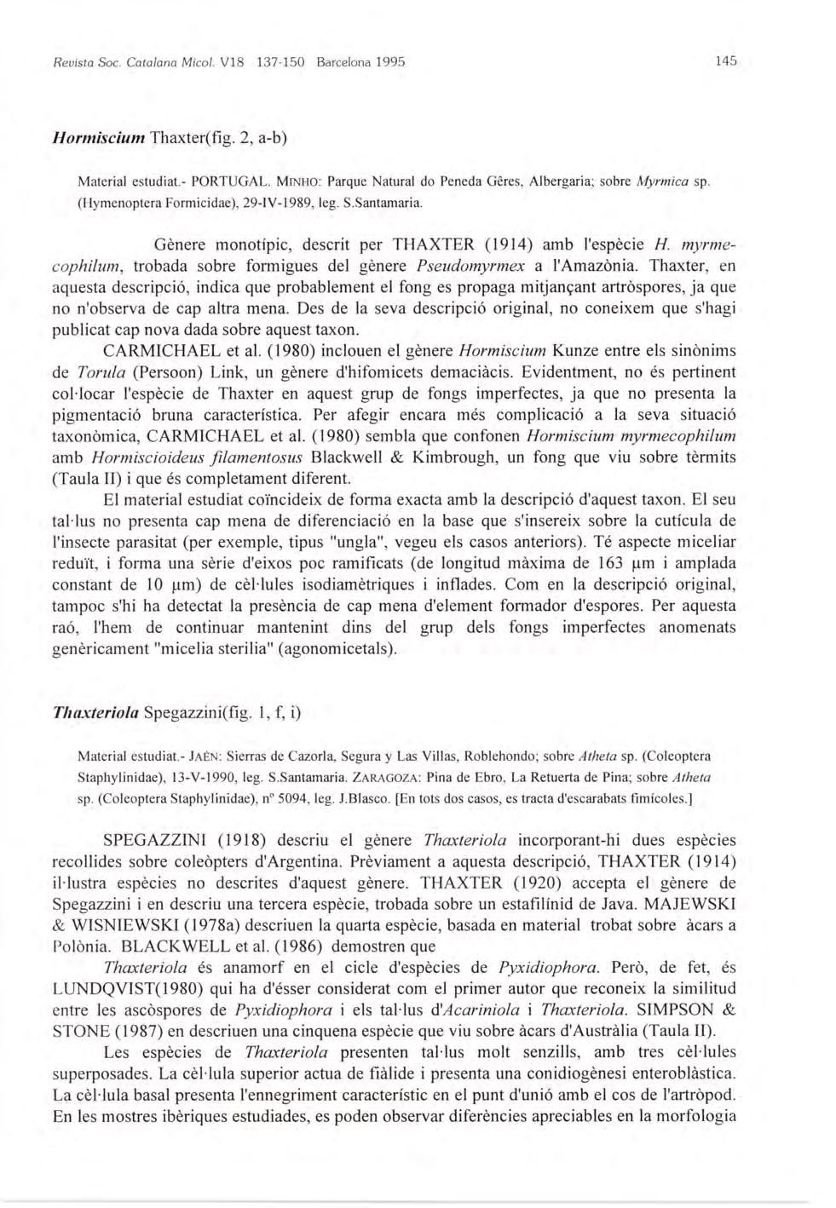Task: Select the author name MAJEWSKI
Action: click(688, 903)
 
